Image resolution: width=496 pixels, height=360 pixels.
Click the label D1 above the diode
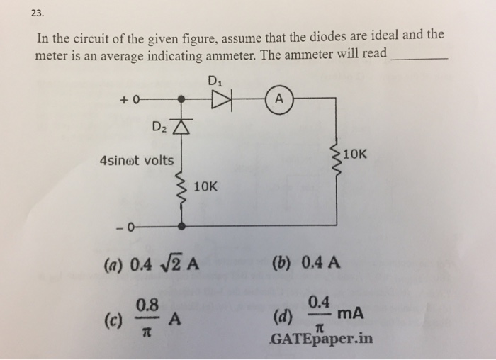tap(215, 80)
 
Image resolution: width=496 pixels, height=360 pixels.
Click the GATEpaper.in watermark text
tap(321, 339)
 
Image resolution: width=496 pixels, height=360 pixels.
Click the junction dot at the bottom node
tap(183, 227)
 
